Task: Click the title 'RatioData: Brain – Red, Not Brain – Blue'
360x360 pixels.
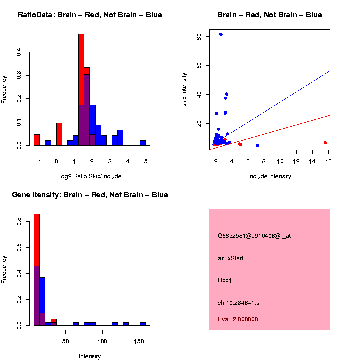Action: [x=90, y=15]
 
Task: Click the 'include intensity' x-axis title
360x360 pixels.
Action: [x=270, y=176]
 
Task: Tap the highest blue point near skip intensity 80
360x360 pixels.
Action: [x=221, y=34]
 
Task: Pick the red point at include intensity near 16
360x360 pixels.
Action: [x=325, y=143]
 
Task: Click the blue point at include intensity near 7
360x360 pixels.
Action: [x=257, y=145]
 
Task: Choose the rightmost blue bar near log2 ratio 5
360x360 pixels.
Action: [x=143, y=143]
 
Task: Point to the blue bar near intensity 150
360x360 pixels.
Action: [x=143, y=324]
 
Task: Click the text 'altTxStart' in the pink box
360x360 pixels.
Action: [x=230, y=258]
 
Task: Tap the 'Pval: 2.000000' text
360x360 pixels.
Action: [x=238, y=319]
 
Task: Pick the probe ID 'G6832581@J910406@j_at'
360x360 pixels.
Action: [x=254, y=236]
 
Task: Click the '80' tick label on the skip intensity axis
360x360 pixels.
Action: [x=199, y=37]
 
